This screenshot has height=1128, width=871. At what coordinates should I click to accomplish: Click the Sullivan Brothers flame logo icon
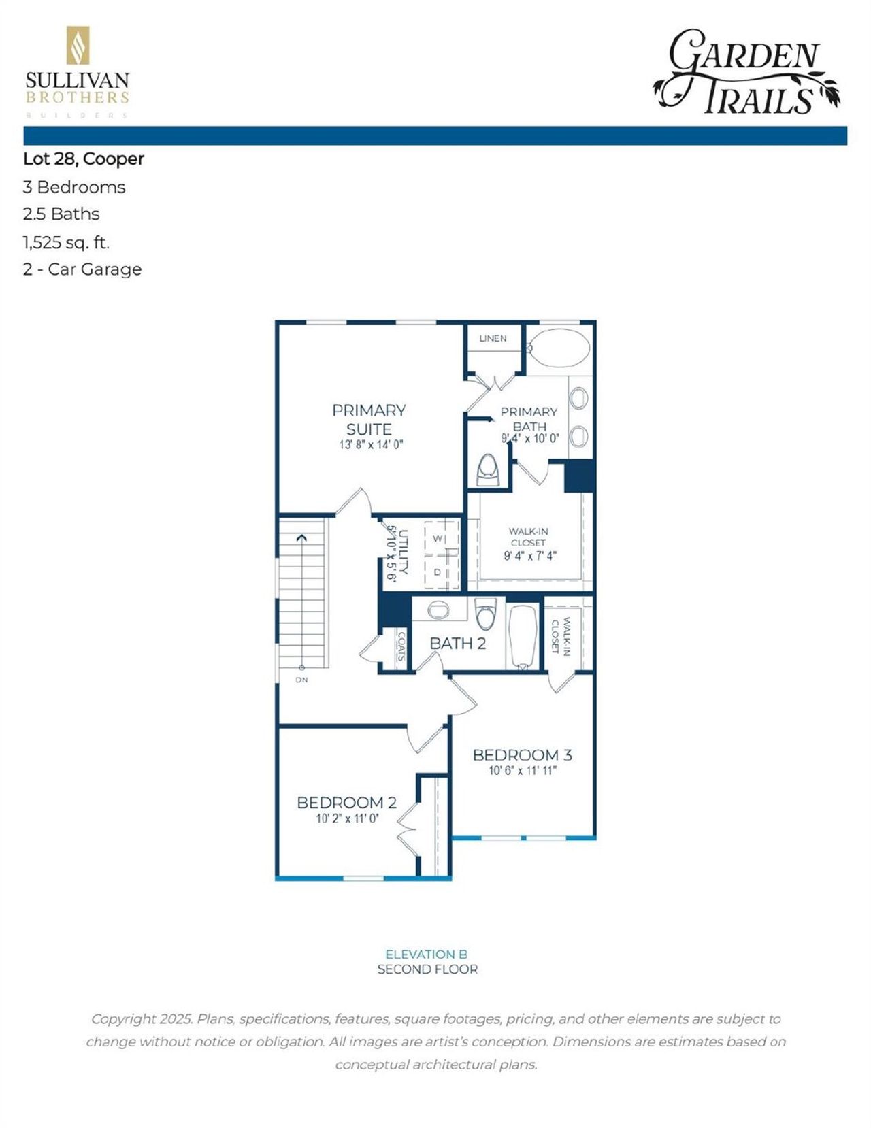coord(78,46)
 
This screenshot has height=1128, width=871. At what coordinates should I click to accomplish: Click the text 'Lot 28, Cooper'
coord(84,159)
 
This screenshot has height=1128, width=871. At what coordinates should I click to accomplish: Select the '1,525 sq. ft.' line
coord(66,242)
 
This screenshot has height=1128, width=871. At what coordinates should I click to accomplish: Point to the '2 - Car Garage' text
coord(82,269)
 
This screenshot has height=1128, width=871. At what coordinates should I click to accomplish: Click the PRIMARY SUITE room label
coord(369,420)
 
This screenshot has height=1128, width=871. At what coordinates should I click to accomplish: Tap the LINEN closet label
coord(493,338)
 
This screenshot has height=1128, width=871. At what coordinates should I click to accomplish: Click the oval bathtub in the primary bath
coord(559,348)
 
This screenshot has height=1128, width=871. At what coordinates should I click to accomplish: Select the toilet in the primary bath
coord(488,469)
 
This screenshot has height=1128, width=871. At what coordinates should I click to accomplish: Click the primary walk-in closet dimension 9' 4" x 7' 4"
coord(530,555)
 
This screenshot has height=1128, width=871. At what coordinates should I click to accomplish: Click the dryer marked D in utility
coord(438,572)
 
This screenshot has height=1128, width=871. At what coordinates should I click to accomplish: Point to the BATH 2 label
coord(458,643)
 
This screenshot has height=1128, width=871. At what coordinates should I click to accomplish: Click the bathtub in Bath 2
coord(523,636)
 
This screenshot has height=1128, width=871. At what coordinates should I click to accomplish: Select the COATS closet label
coord(401,647)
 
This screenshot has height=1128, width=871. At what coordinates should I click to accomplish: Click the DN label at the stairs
coord(301,680)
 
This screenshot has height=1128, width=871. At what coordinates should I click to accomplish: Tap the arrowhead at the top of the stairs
coord(301,538)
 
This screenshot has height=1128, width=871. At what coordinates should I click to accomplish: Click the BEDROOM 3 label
coord(522,754)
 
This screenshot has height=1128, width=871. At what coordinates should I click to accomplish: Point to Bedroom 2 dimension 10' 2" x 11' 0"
coord(347,818)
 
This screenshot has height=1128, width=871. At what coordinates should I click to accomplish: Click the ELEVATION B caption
coord(427,954)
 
